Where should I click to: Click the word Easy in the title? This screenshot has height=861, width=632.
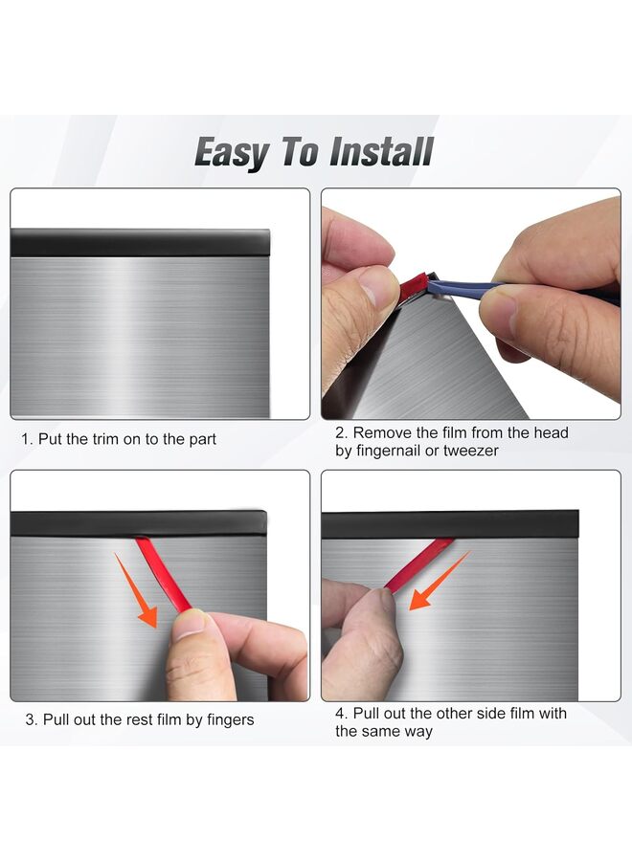[x=230, y=153]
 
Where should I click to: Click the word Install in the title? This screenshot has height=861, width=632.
[x=381, y=153]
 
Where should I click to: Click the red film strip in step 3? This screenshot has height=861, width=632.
[x=164, y=574]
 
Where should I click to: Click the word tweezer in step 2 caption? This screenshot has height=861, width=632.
[x=470, y=451]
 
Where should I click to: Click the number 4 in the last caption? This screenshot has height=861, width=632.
[x=340, y=714]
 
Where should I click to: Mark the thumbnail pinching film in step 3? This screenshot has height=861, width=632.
[x=192, y=624]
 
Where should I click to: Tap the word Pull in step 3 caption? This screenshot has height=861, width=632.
[x=53, y=719]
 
